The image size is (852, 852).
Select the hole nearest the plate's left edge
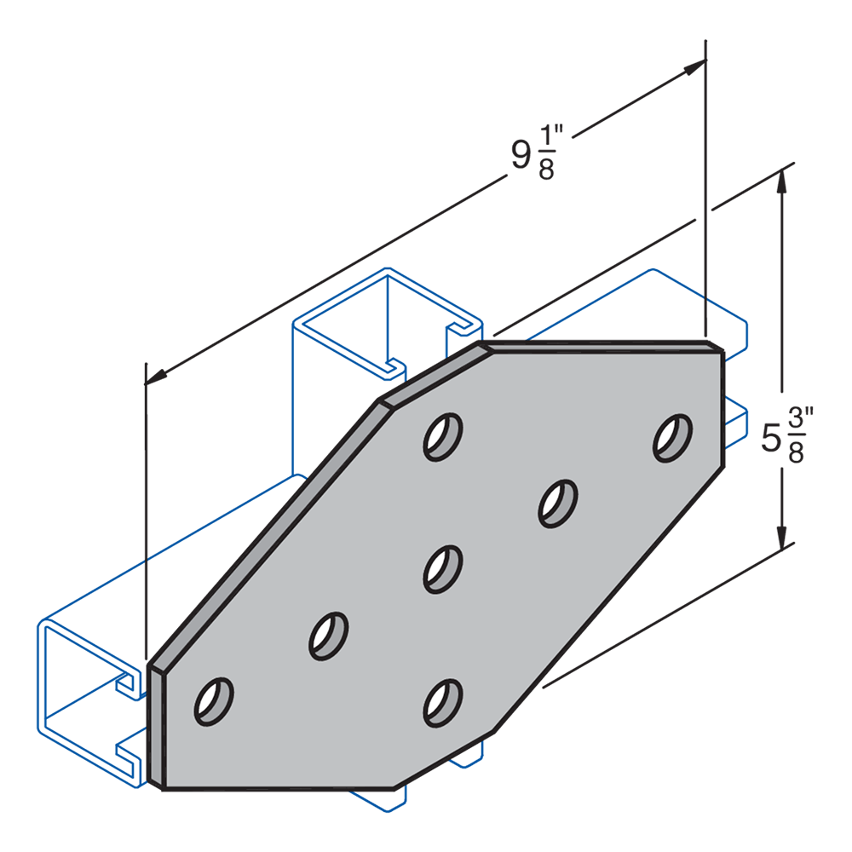[x=214, y=701]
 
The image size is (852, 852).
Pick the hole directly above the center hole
[x=443, y=436]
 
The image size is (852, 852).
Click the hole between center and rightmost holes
[x=557, y=502]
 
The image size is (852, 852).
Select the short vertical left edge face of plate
[x=158, y=724]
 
